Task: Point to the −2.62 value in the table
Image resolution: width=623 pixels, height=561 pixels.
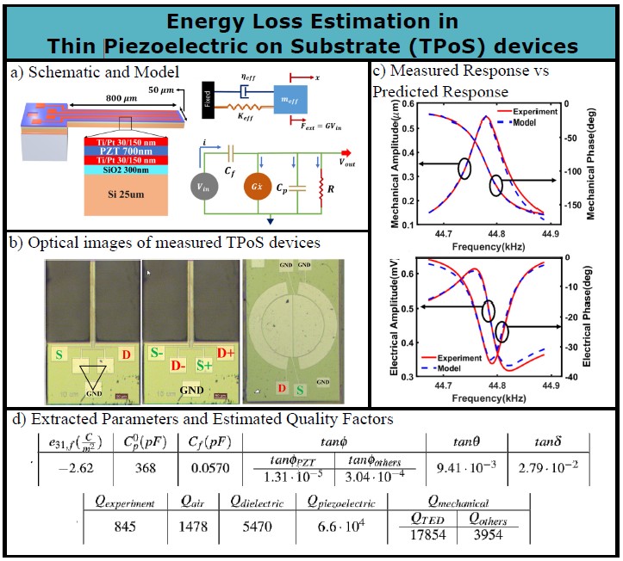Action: coord(73,469)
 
